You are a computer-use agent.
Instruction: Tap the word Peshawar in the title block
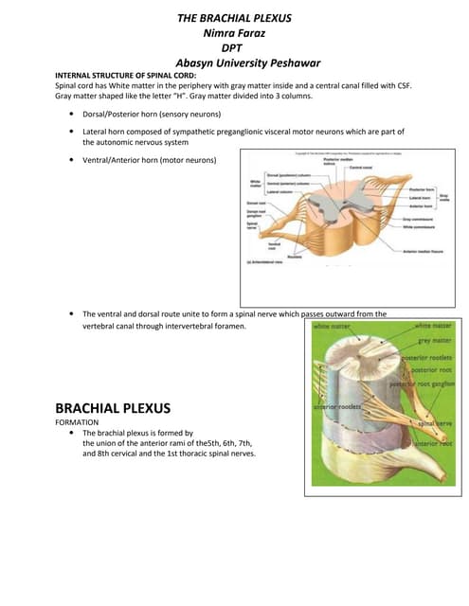[290, 63]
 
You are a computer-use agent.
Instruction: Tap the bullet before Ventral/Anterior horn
[73, 161]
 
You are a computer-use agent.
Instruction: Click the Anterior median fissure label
[422, 250]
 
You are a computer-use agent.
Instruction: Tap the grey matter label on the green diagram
[437, 339]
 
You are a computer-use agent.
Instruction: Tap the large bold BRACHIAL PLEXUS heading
[113, 408]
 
